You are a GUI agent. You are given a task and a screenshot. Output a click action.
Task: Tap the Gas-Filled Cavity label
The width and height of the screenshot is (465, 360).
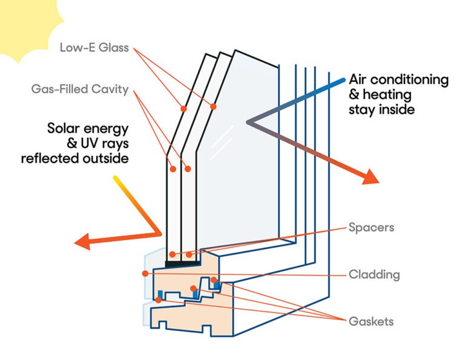[x=80, y=90]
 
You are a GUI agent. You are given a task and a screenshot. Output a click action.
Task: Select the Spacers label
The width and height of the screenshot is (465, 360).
[x=371, y=228]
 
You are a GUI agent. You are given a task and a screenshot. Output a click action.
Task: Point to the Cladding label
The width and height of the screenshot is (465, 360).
[x=374, y=275]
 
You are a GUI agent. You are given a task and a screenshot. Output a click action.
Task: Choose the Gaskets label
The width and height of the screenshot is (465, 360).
[x=371, y=321]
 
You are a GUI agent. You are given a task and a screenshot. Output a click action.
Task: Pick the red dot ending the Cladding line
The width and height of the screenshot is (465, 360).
[x=145, y=273]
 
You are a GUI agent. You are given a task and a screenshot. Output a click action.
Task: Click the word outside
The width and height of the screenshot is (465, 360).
[x=108, y=158]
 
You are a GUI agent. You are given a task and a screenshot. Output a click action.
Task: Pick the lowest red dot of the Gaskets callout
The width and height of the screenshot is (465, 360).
[x=159, y=299]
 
